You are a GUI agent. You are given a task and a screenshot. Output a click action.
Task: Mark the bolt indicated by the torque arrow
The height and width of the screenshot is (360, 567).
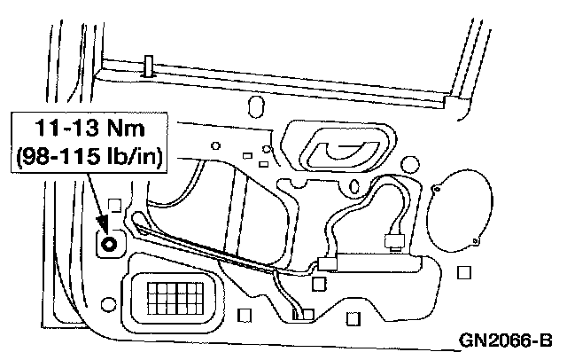click(108, 242)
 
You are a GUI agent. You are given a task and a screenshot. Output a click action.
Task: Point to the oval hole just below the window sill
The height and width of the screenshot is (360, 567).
click(258, 107)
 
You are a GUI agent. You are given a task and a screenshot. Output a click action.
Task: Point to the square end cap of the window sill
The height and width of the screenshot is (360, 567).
click(460, 106)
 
